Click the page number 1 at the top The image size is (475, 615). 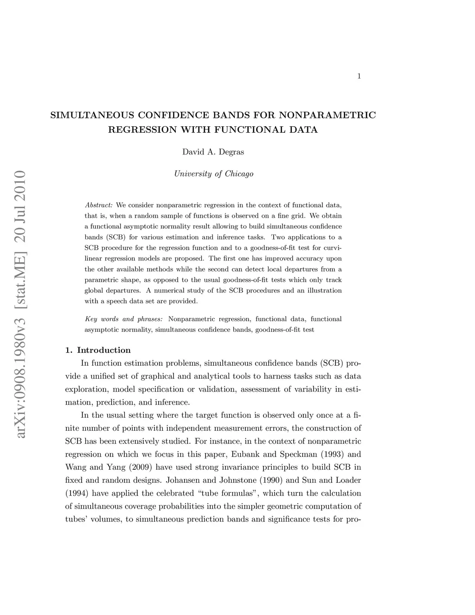click(x=359, y=77)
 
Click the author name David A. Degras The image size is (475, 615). click(x=213, y=152)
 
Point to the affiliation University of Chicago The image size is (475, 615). click(x=213, y=174)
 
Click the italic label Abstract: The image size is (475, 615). click(x=99, y=205)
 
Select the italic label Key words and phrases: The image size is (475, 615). click(x=124, y=319)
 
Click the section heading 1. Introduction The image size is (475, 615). click(x=98, y=350)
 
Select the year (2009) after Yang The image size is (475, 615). click(x=139, y=467)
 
